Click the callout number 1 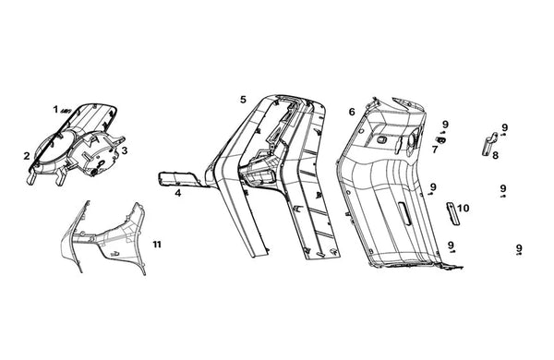pyautogui.click(x=55, y=109)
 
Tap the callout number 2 pyautogui.click(x=27, y=156)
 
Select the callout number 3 pyautogui.click(x=125, y=150)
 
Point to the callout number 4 pyautogui.click(x=178, y=193)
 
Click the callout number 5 pyautogui.click(x=243, y=100)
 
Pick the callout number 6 pyautogui.click(x=352, y=112)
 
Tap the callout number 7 pyautogui.click(x=435, y=150)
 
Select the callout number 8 pyautogui.click(x=496, y=155)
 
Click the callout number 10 pyautogui.click(x=464, y=208)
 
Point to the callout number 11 pyautogui.click(x=157, y=244)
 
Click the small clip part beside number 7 pyautogui.click(x=441, y=140)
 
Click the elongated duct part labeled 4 pyautogui.click(x=179, y=179)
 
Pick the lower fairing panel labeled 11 pyautogui.click(x=106, y=236)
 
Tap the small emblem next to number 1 pyautogui.click(x=66, y=111)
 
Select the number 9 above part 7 pyautogui.click(x=445, y=125)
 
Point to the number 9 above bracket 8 pyautogui.click(x=504, y=127)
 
